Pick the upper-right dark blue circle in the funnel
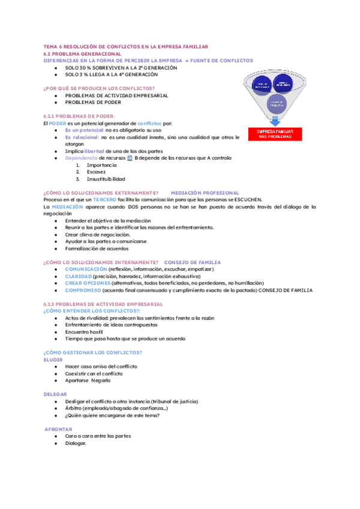[x=286, y=85]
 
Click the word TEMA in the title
[x=52, y=46]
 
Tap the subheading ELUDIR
[x=53, y=360]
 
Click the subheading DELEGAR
[x=55, y=394]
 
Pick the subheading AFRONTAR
[x=59, y=429]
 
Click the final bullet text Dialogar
[x=76, y=443]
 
